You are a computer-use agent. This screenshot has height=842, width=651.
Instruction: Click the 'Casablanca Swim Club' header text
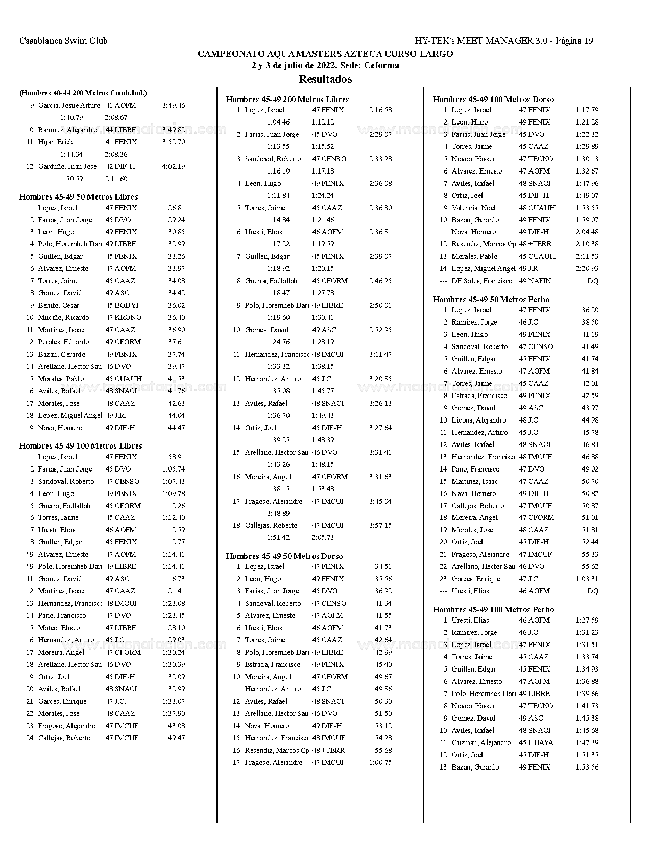pos(63,41)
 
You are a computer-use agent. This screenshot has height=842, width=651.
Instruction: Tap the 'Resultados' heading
pos(325,79)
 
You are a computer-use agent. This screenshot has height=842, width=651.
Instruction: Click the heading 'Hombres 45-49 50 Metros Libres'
pos(79,197)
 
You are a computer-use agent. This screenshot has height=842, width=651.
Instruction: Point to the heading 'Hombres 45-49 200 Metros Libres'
pos(287,100)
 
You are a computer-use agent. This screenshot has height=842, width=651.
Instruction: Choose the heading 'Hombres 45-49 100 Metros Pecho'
pos(493,610)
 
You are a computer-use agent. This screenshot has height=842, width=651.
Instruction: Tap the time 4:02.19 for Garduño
pos(174,166)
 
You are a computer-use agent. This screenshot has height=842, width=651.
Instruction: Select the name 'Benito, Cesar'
pos(59,305)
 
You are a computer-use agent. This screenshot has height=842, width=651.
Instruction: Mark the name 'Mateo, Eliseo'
pos(59,628)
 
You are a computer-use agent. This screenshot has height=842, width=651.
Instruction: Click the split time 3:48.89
pos(278,513)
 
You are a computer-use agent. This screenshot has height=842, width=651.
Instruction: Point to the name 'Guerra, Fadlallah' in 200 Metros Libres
pos(271,281)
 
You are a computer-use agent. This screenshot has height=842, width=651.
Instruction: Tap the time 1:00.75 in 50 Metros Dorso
pos(380,762)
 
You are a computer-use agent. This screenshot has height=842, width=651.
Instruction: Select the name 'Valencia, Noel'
pos(473,208)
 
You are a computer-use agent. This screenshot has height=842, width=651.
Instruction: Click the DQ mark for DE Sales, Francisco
pos(593,281)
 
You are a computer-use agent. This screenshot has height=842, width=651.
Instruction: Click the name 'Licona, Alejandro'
pos(478,420)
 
